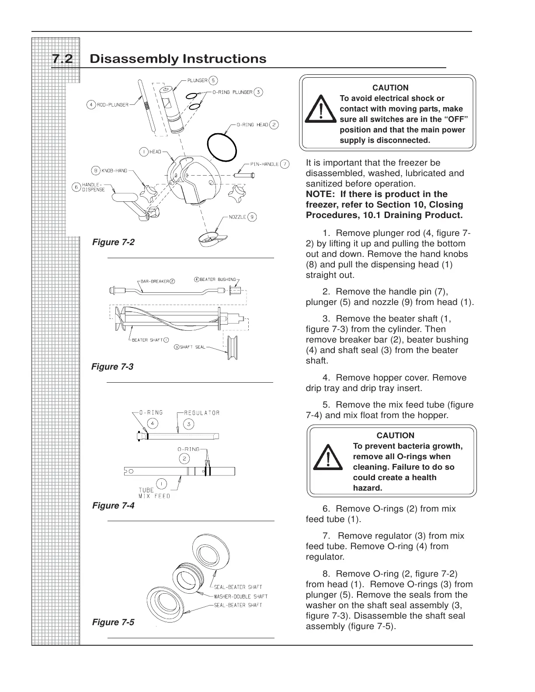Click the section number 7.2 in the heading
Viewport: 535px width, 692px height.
pyautogui.click(x=63, y=59)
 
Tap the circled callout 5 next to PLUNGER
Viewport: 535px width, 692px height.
pyautogui.click(x=213, y=80)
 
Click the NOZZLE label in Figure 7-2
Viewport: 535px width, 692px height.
pyautogui.click(x=236, y=217)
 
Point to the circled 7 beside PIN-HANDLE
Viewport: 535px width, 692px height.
pyautogui.click(x=285, y=164)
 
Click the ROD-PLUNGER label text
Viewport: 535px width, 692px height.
pyautogui.click(x=113, y=105)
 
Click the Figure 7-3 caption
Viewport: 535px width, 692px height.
pyautogui.click(x=112, y=367)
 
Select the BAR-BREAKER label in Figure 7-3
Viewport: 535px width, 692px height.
pyautogui.click(x=155, y=281)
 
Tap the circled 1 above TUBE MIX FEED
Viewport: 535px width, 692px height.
pyautogui.click(x=161, y=483)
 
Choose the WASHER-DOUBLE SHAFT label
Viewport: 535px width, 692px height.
pyautogui.click(x=240, y=596)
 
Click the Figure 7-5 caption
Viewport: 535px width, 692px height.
pyautogui.click(x=113, y=622)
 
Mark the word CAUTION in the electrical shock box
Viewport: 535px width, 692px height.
pyautogui.click(x=390, y=88)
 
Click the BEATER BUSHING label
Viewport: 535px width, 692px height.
pyautogui.click(x=218, y=279)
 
